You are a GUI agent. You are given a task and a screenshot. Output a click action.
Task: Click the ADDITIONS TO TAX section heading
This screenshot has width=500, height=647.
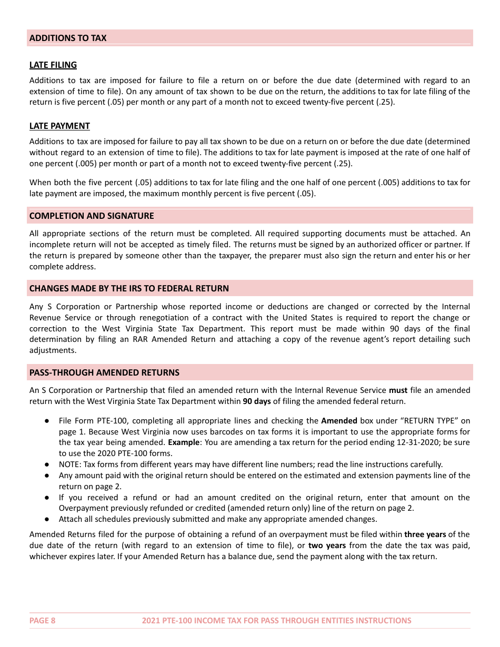[68, 38]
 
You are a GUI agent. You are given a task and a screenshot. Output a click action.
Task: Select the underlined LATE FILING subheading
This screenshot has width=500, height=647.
[53, 65]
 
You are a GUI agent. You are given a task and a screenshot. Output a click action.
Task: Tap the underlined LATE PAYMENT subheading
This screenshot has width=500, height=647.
[59, 126]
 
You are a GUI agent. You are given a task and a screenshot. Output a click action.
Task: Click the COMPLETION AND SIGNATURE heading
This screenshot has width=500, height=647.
[92, 216]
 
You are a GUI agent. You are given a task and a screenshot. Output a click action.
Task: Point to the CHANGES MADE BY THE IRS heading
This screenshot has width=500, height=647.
[129, 288]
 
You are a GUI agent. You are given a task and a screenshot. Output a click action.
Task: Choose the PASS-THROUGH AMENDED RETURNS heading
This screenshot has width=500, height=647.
[104, 372]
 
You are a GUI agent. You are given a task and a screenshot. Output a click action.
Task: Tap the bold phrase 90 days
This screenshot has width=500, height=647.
[256, 401]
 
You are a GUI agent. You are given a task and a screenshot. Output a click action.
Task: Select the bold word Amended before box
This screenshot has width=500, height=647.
[339, 421]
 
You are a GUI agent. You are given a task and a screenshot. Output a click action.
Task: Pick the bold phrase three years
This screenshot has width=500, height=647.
[425, 534]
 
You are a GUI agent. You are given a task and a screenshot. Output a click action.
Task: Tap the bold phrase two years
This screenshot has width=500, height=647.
[327, 545]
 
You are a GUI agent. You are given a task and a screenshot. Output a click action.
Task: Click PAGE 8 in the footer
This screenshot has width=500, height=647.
[43, 621]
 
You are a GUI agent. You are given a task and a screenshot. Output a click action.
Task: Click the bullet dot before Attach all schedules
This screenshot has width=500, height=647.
[47, 519]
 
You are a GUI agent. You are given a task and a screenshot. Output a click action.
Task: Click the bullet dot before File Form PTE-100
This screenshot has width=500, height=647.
[47, 421]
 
